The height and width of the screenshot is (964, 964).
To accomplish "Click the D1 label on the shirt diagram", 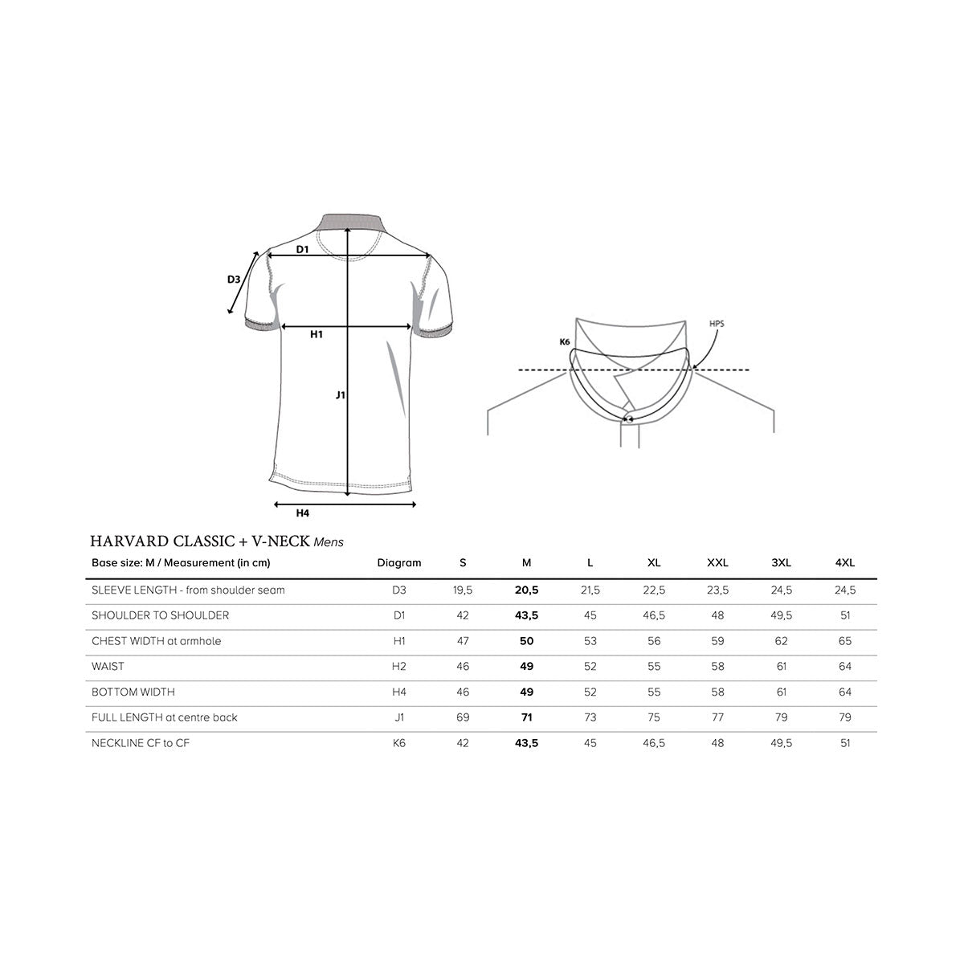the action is pos(302,249).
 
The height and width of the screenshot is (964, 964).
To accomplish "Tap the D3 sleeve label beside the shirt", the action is pos(234,279).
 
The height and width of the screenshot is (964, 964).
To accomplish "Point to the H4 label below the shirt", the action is pos(302,513).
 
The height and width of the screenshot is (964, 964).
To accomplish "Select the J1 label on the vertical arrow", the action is pos(340,395).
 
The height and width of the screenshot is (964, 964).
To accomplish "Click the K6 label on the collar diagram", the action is pos(564,341).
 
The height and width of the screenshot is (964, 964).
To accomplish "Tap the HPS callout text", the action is pos(717,324).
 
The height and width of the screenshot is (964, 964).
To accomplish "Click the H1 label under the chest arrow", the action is pos(317,334).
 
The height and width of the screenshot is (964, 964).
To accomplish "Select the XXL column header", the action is pos(717,563).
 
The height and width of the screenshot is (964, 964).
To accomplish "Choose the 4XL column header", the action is pos(845,563).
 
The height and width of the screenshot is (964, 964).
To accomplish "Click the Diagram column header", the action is pos(398,563).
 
